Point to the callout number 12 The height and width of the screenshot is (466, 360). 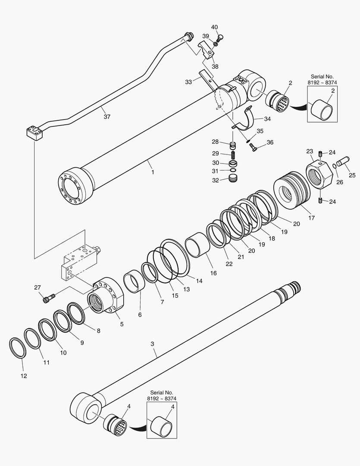pos(24,376)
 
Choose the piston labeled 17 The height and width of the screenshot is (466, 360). pos(292,189)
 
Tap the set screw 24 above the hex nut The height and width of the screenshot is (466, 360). pos(320,154)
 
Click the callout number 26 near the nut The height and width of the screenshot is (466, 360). pos(340,182)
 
